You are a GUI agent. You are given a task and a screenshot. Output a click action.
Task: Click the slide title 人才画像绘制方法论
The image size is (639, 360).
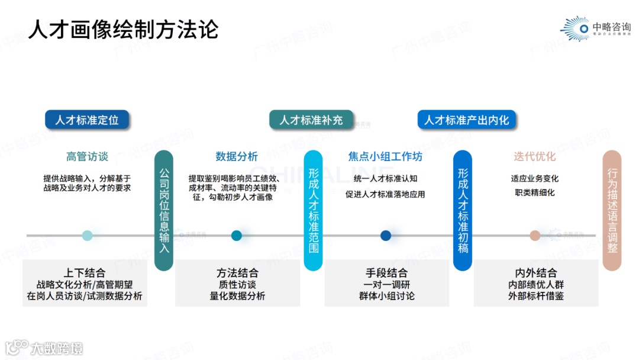(x=124, y=29)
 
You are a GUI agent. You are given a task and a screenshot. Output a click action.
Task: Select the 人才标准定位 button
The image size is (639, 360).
(x=87, y=120)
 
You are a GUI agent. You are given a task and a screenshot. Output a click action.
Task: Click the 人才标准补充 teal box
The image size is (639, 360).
(x=311, y=120)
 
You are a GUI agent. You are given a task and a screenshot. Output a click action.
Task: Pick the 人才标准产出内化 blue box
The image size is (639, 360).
(x=466, y=120)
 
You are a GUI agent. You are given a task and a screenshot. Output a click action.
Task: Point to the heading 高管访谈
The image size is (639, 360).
(x=87, y=157)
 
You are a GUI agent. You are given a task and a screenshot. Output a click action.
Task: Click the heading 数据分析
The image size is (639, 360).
(x=237, y=157)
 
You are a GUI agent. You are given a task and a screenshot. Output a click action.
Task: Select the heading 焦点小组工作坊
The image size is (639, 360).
(x=385, y=157)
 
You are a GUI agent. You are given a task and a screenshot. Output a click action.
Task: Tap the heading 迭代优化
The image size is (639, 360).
(x=535, y=157)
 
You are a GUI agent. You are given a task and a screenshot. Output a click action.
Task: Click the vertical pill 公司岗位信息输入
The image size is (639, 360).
(x=164, y=211)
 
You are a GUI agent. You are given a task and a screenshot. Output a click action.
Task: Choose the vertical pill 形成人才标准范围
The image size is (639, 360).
(x=313, y=211)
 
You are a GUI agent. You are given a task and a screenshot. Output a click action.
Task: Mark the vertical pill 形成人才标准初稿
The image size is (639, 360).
(x=463, y=211)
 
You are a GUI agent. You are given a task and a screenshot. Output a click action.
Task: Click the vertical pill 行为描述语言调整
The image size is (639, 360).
(x=612, y=211)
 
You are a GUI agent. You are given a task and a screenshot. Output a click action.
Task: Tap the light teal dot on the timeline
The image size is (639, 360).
(x=88, y=236)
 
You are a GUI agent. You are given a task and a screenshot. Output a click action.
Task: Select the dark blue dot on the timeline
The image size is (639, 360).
(x=386, y=236)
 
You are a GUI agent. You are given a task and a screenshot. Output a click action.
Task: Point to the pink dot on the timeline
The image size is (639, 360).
(x=535, y=236)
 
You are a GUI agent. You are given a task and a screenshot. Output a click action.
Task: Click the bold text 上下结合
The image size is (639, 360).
(x=85, y=273)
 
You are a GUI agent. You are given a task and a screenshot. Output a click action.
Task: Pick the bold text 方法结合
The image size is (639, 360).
(x=237, y=273)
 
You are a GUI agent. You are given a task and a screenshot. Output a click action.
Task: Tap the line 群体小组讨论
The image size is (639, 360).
(x=386, y=296)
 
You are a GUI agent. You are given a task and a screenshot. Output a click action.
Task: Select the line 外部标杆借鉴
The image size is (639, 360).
(x=535, y=296)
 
